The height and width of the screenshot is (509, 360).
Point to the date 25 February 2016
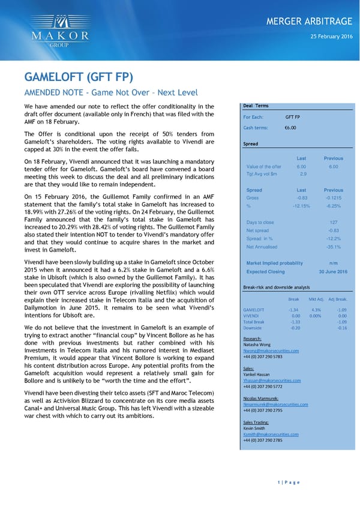click(x=329, y=37)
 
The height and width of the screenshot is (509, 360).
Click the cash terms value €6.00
click(x=290, y=128)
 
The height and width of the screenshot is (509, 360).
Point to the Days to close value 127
click(x=334, y=222)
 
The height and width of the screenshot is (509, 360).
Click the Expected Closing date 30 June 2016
click(x=332, y=271)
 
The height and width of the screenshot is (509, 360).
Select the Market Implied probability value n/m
click(x=333, y=263)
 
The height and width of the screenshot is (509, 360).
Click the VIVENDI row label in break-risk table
click(x=250, y=316)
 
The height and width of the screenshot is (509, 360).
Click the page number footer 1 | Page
click(x=288, y=482)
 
